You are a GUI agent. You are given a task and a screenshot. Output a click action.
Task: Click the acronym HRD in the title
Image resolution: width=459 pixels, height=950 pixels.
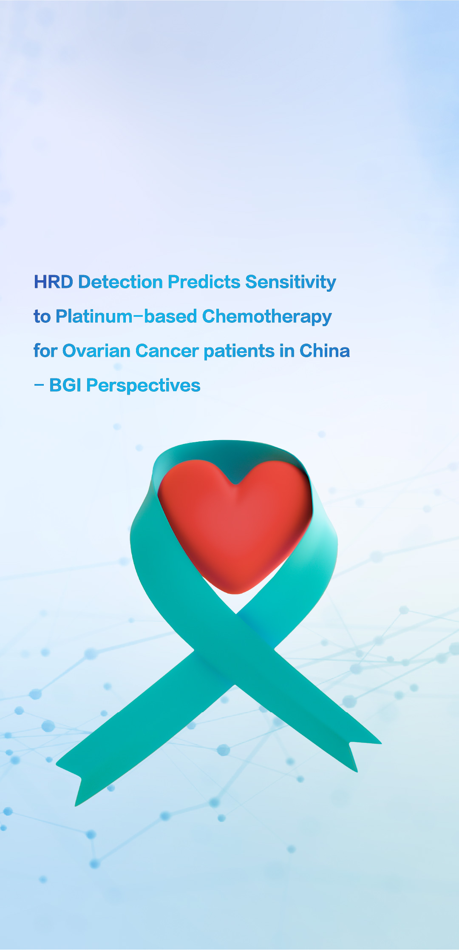(54, 282)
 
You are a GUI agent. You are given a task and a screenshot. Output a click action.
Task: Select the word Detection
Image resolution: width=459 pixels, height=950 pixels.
(121, 282)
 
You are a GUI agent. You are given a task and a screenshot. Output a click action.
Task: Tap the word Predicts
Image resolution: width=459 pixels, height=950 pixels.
(204, 282)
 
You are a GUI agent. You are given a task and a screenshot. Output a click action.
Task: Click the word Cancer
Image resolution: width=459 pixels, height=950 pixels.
(167, 351)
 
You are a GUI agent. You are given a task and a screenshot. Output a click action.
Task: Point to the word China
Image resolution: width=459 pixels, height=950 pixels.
(325, 351)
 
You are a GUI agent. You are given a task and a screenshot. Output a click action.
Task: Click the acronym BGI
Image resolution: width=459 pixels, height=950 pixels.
(65, 385)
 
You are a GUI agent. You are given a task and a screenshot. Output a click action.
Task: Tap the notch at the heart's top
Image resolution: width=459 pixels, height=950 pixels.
(235, 484)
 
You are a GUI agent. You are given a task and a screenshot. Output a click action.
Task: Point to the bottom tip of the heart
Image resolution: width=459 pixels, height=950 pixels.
(235, 594)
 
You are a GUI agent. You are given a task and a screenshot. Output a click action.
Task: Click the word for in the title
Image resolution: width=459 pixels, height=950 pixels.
(45, 351)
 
